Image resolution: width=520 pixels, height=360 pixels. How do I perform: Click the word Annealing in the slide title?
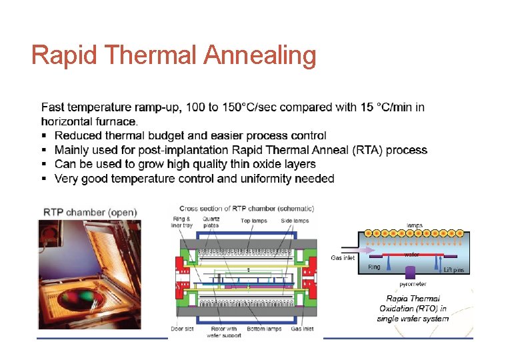click(261, 56)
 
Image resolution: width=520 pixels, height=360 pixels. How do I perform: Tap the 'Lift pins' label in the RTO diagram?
click(453, 270)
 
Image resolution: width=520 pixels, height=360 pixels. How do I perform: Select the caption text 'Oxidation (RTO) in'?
click(413, 309)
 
